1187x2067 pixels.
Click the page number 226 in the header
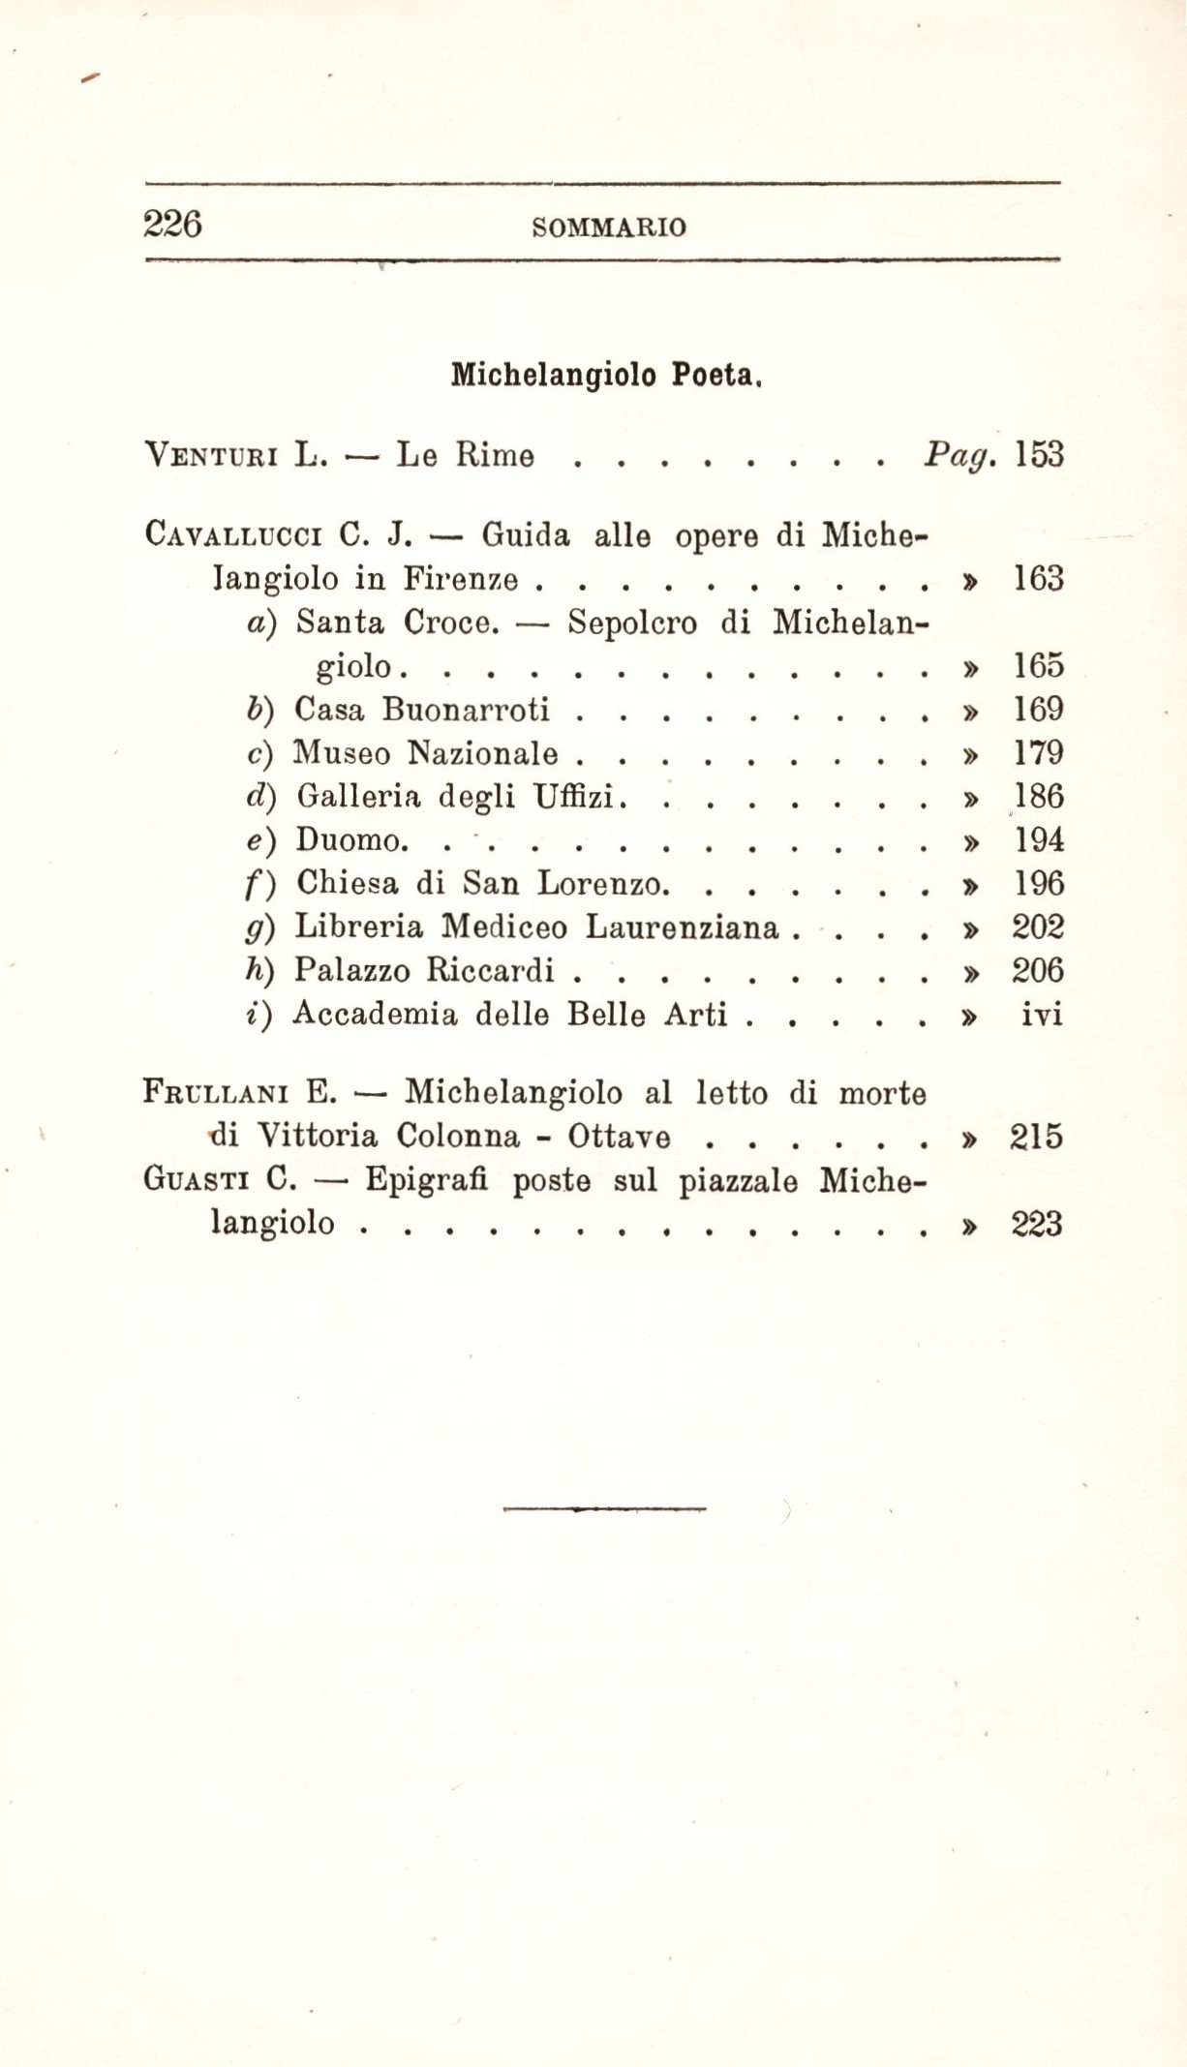(x=172, y=225)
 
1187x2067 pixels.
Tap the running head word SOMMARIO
(x=610, y=228)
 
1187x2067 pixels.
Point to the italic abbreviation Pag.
(x=959, y=455)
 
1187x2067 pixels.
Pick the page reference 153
(x=1038, y=454)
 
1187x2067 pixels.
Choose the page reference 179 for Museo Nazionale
(x=1038, y=753)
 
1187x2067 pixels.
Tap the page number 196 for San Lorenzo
(x=1038, y=884)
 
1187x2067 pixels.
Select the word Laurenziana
(x=683, y=927)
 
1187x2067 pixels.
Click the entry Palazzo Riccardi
(x=424, y=970)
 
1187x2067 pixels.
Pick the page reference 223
(x=1038, y=1225)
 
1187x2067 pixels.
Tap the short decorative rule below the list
(x=605, y=1508)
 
